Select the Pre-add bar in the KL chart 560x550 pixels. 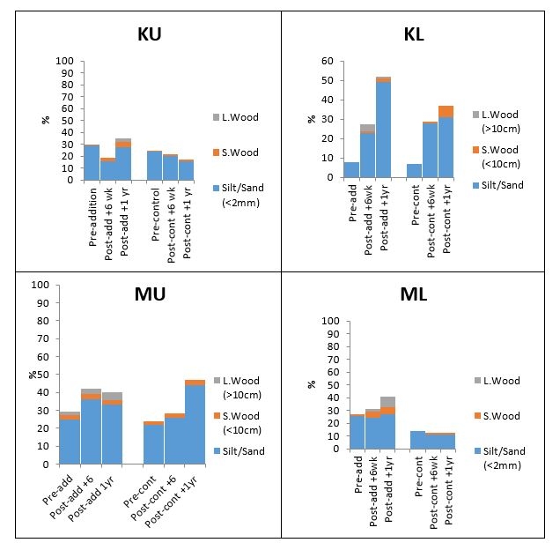pyautogui.click(x=351, y=170)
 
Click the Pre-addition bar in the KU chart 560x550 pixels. pyautogui.click(x=92, y=163)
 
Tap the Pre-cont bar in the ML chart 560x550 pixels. pyautogui.click(x=417, y=440)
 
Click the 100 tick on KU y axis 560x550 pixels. pyautogui.click(x=63, y=61)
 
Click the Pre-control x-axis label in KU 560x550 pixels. pyautogui.click(x=154, y=208)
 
